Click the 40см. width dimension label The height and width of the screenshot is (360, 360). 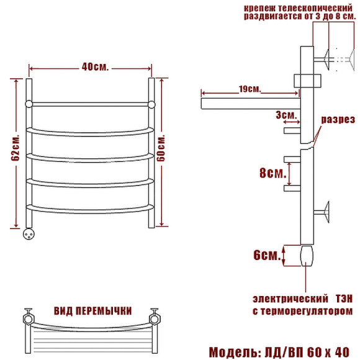(x=95, y=67)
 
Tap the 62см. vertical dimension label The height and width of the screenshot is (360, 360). (x=16, y=148)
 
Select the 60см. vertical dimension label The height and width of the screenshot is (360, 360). (x=161, y=148)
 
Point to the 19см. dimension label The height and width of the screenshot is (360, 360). (x=250, y=89)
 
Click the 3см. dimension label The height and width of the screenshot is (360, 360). (x=286, y=115)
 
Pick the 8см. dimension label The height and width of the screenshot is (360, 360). (x=272, y=173)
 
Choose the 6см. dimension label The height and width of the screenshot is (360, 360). (x=267, y=255)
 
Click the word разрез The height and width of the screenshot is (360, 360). (x=338, y=120)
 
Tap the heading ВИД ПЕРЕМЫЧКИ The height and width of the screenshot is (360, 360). (x=92, y=311)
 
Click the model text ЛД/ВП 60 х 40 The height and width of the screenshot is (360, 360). (x=307, y=352)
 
